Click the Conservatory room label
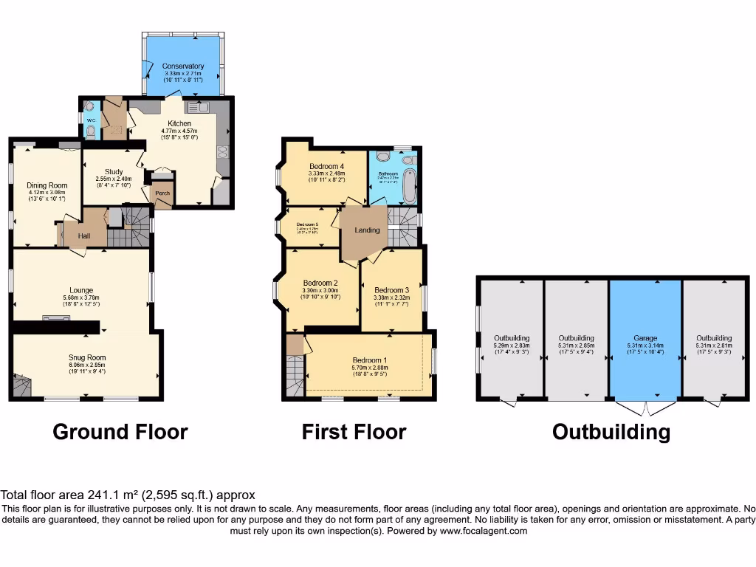click(183, 66)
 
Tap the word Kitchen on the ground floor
click(179, 123)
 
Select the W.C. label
click(90, 120)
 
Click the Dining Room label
click(47, 185)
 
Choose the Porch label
click(162, 193)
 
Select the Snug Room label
click(87, 357)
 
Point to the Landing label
click(367, 230)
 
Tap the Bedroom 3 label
click(391, 290)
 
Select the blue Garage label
click(645, 338)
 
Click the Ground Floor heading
click(120, 432)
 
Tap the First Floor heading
click(354, 432)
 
